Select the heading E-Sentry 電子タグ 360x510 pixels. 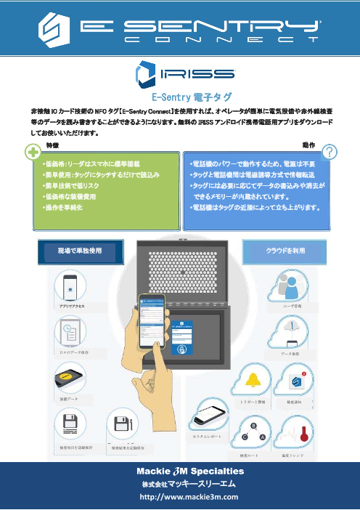tap(179, 95)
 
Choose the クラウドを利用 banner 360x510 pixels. tap(287, 249)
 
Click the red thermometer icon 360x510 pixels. tap(299, 434)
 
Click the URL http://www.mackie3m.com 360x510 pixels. tap(180, 497)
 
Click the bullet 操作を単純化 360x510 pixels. tap(62, 208)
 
